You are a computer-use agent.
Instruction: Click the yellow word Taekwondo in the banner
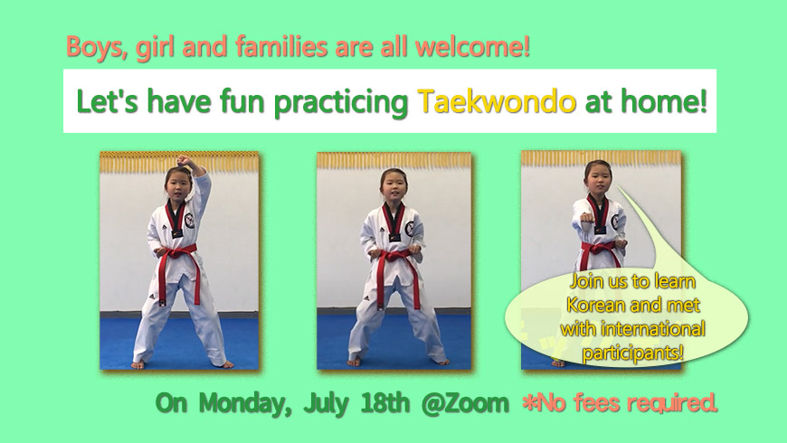tap(497, 101)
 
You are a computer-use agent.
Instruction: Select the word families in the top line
tap(281, 47)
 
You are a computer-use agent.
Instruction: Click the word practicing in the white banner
tap(341, 102)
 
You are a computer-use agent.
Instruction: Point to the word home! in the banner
tap(664, 101)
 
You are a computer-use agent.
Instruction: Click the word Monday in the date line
tap(245, 403)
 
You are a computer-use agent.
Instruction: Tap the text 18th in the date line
tap(385, 402)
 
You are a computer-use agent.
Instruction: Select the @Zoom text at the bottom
tap(465, 403)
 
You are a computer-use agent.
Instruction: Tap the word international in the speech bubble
tap(653, 329)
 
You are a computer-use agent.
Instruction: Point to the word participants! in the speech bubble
tap(632, 353)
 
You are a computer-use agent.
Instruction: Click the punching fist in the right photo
tap(587, 218)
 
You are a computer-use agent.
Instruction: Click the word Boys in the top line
tap(95, 48)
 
